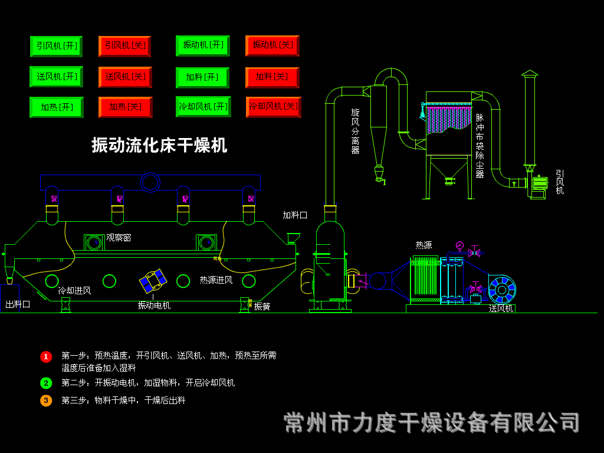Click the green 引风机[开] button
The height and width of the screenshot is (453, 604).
56,46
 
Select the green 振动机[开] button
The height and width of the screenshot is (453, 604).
202,45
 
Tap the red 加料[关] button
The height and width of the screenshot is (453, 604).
272,77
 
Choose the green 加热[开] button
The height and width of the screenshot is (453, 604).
57,107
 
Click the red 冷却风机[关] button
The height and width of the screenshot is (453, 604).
273,107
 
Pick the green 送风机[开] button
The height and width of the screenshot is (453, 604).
56,77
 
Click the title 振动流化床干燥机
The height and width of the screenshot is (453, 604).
159,145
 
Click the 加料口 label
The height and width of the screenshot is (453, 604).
295,215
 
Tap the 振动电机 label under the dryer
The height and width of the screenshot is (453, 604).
154,305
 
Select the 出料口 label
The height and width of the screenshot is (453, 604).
18,304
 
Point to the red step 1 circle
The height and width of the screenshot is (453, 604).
46,356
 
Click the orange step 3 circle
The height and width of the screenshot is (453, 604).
46,401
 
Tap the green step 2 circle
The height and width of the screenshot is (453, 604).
46,383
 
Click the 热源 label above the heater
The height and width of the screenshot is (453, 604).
424,245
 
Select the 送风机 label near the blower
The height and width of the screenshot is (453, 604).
501,308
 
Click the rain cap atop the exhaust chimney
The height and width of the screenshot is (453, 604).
530,73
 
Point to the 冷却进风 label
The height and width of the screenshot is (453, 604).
74,290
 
